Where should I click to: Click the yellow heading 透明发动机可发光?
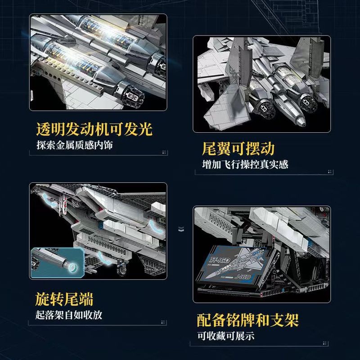tap(94, 129)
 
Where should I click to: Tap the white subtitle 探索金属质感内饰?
tap(75, 145)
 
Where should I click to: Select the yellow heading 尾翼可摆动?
tap(238, 148)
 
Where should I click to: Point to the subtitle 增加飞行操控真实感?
tap(245, 164)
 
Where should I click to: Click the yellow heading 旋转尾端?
tap(64, 299)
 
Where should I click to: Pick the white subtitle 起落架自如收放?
tap(69, 315)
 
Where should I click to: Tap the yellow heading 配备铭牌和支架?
tap(248, 320)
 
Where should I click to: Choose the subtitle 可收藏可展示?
tap(226, 336)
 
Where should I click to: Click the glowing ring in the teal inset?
tap(72, 267)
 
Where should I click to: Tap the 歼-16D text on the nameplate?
tap(220, 260)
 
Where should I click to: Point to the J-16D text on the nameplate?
tap(243, 277)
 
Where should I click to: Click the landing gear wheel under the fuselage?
tap(121, 270)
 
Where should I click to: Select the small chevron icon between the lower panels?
tap(181, 229)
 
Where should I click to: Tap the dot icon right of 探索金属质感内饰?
tap(164, 152)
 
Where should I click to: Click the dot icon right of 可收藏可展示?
tap(324, 343)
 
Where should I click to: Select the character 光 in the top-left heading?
tap(145, 129)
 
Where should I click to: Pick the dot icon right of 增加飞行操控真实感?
tap(330, 171)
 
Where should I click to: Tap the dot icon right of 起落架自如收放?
tap(163, 322)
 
